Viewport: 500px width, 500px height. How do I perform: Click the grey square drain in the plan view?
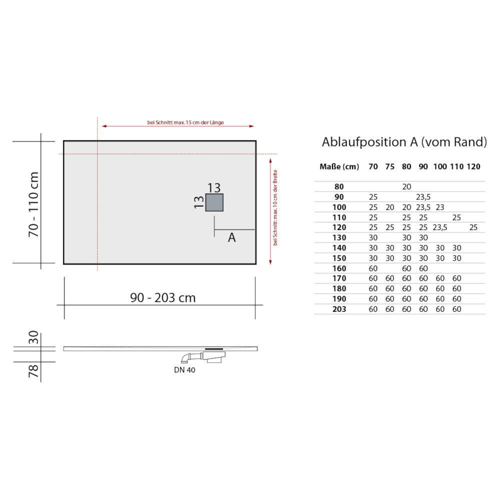(x=214, y=202)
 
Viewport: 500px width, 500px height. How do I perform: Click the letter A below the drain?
(x=232, y=237)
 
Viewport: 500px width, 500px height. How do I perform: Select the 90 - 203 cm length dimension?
(x=163, y=297)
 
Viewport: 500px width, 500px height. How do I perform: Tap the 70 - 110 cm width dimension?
(x=33, y=204)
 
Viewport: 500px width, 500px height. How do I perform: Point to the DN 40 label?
(x=184, y=370)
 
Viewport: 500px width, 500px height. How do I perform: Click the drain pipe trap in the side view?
(x=204, y=357)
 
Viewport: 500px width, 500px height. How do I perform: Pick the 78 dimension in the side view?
(x=33, y=371)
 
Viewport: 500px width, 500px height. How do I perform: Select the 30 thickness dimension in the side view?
(x=33, y=337)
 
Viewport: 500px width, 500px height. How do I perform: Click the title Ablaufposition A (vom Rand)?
(x=404, y=142)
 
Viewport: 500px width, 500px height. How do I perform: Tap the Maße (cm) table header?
(x=339, y=167)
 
